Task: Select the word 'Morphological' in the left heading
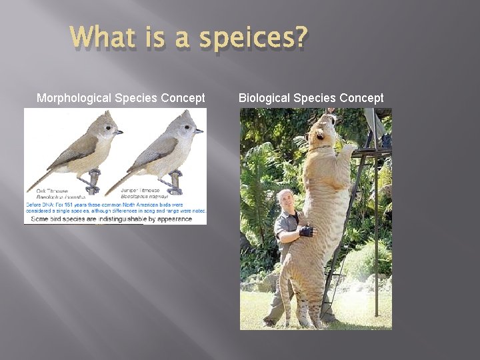(x=74, y=98)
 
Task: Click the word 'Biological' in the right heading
(x=264, y=98)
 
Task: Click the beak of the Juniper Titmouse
(x=199, y=131)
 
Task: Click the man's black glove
(x=306, y=231)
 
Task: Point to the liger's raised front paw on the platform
(x=347, y=148)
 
